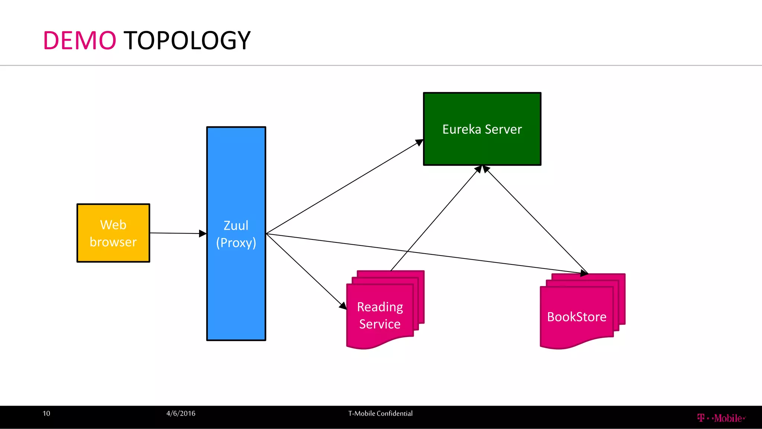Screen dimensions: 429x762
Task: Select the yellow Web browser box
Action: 113,233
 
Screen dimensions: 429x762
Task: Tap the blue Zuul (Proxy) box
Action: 236,283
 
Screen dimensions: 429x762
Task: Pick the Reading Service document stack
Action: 380,315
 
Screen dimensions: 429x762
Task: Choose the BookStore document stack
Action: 577,317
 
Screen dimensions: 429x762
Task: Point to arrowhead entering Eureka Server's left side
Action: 419,142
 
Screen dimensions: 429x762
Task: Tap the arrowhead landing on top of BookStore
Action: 584,273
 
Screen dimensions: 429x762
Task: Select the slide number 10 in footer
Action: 47,413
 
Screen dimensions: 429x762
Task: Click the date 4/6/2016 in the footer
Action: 181,413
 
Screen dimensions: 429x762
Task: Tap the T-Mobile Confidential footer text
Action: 380,413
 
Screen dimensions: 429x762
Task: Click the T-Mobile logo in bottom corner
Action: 721,418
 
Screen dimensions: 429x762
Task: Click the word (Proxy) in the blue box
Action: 236,243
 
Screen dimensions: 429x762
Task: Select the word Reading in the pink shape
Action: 380,307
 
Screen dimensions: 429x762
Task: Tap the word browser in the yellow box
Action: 113,242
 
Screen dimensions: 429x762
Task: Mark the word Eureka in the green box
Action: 462,129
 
